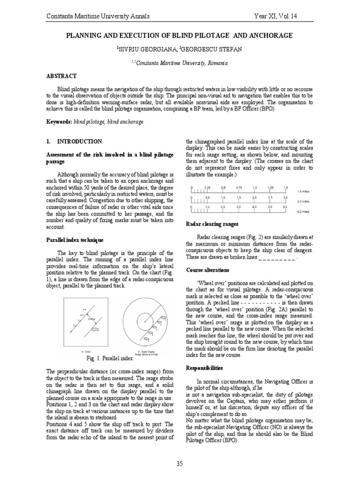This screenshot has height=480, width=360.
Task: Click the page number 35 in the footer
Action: tap(180, 464)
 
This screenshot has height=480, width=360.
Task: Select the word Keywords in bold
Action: tap(59, 122)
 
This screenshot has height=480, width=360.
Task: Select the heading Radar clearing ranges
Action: tap(212, 224)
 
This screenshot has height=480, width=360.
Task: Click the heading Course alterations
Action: tap(208, 270)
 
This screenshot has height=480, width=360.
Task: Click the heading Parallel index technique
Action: tap(75, 240)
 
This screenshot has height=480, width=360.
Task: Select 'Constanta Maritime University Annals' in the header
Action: tap(98, 16)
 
